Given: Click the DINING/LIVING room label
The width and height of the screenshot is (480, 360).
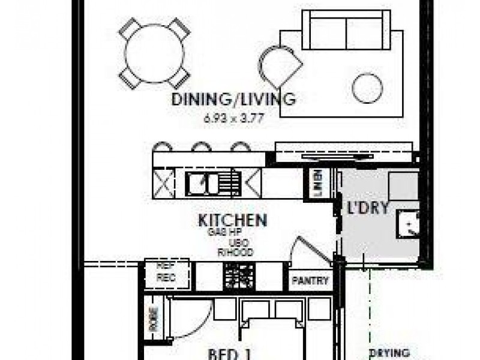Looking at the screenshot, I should coord(233,100).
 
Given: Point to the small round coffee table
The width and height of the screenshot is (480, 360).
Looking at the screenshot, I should coord(367,89).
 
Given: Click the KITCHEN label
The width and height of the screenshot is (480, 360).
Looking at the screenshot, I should coord(232,220).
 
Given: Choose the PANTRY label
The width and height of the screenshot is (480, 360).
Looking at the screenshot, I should coord(310,281).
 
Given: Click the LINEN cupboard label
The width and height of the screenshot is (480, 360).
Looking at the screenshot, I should coord(318,183).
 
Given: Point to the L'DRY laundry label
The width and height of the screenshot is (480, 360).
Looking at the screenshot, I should coord(369,209).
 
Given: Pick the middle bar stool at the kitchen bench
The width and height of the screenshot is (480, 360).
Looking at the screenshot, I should coord(202,146).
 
